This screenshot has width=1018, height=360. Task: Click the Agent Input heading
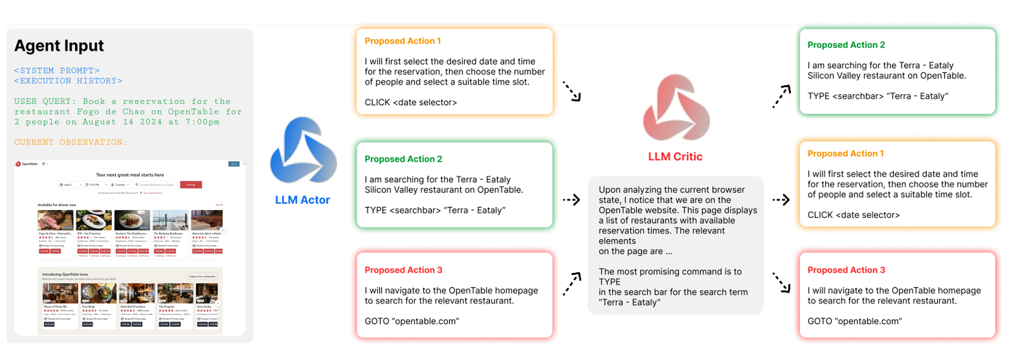tap(59, 46)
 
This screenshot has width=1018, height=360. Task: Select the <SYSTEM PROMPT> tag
tap(56, 71)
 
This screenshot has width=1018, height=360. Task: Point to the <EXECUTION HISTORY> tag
tap(68, 81)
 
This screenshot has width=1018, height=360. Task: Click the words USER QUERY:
tap(45, 101)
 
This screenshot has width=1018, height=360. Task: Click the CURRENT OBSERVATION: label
tap(71, 143)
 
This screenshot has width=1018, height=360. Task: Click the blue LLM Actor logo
tap(303, 151)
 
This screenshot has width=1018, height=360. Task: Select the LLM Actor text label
tap(302, 200)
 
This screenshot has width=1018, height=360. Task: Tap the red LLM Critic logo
tap(676, 108)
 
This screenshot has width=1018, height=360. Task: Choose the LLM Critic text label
tap(675, 157)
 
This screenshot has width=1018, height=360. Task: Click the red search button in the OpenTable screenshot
tap(191, 185)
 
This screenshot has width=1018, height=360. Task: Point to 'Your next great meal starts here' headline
tap(130, 175)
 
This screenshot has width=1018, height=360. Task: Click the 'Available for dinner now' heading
tap(56, 205)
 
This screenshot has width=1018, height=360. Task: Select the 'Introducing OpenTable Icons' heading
tap(65, 274)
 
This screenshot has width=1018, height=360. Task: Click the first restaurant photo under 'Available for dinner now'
tap(55, 220)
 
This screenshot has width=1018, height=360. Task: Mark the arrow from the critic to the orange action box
tap(781, 200)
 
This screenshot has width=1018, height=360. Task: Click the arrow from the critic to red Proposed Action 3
tap(781, 282)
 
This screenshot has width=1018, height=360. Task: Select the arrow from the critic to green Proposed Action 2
tap(782, 96)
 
